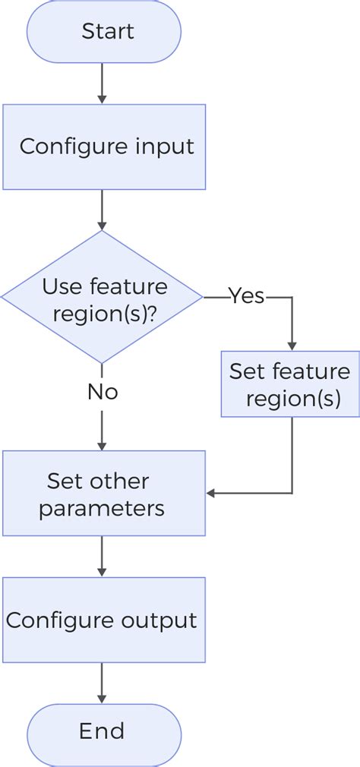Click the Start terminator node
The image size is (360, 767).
click(x=104, y=32)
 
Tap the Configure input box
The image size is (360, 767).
click(x=104, y=147)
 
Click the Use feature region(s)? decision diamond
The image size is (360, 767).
click(x=102, y=298)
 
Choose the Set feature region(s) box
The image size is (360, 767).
click(x=290, y=383)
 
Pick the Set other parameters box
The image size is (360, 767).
click(x=104, y=494)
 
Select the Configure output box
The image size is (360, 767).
click(x=104, y=620)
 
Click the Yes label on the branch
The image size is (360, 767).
click(x=246, y=296)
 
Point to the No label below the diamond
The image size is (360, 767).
click(x=102, y=392)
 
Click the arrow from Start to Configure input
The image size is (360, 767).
click(x=102, y=84)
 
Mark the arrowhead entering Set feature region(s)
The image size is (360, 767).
click(x=291, y=345)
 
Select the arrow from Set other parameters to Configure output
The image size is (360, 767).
click(x=102, y=556)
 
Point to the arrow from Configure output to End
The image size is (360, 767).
click(x=102, y=683)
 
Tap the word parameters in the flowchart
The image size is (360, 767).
click(x=102, y=508)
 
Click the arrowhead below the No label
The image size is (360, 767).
click(x=102, y=444)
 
